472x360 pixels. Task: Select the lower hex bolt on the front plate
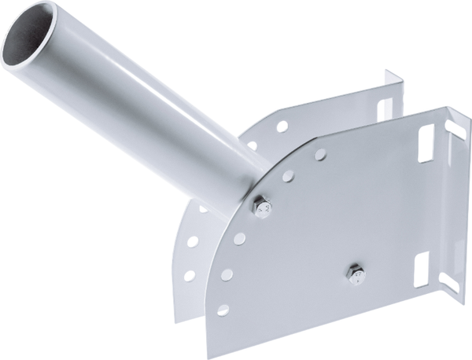coord(356,274)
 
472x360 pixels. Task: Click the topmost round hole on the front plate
coord(320,154)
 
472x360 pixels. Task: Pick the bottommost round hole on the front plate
coord(222,310)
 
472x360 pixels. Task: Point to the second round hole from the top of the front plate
coord(289,176)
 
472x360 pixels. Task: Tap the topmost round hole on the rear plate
coord(281,126)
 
